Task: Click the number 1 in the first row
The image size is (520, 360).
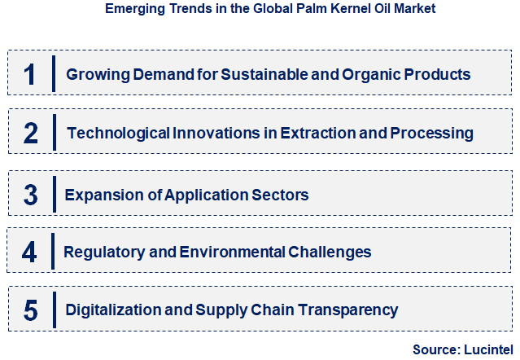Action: pos(30,74)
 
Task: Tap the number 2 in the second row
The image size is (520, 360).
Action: pos(31,133)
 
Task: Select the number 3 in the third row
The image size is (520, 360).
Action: pos(31,195)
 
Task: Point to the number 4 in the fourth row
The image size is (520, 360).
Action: pos(29,252)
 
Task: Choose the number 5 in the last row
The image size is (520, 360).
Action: pos(31,310)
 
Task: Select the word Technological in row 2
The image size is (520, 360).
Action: pos(118,133)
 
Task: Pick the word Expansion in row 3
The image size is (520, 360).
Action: pos(103,195)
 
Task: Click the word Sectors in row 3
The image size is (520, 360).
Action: pos(282,195)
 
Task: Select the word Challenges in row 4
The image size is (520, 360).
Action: pos(330,252)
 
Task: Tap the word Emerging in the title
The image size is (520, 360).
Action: pos(133,9)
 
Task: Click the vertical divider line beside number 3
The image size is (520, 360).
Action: pos(54,195)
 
